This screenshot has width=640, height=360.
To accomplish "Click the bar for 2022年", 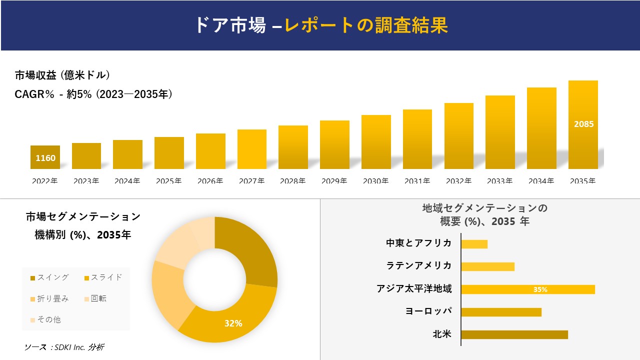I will click(45, 157).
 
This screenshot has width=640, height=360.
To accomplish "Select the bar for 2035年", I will click(583, 125).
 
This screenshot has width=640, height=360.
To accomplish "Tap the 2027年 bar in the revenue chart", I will click(252, 149).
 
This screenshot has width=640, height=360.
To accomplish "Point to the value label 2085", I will click(583, 124).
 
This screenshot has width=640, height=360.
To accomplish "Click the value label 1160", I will click(45, 158).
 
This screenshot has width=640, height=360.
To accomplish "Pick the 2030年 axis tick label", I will click(375, 181).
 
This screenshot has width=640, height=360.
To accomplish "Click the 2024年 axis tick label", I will click(127, 181).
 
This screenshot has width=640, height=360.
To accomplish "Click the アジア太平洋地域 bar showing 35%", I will click(527, 289).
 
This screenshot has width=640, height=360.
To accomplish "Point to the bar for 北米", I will click(514, 334).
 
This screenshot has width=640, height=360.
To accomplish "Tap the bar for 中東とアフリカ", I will click(474, 244).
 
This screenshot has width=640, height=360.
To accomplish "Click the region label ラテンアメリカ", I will click(419, 265).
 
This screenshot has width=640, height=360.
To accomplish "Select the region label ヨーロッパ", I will click(428, 311).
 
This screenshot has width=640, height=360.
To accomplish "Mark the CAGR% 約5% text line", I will click(94, 94).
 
